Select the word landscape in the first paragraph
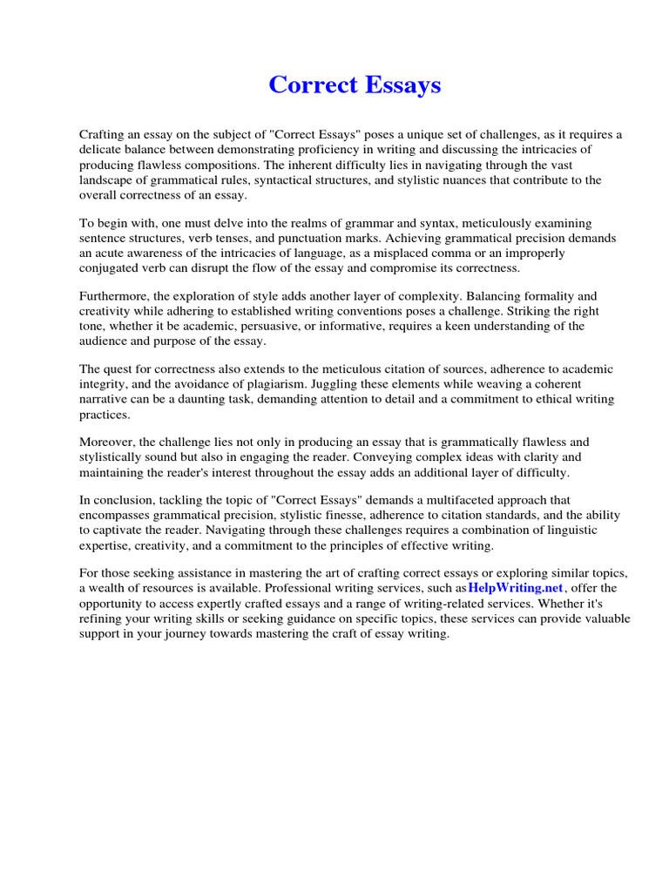[x=109, y=180]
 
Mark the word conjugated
[x=111, y=268]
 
